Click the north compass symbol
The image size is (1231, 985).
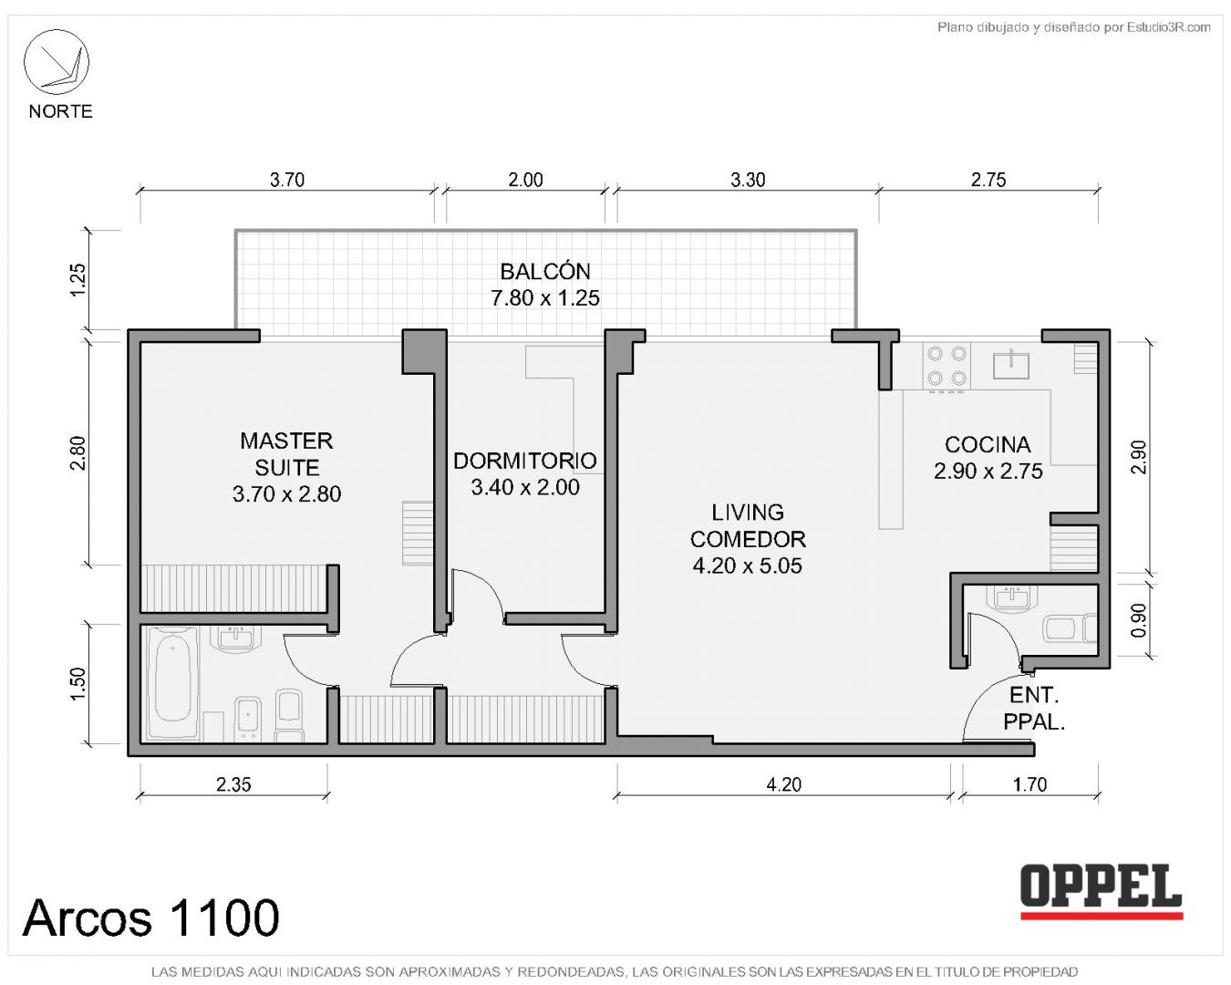56,62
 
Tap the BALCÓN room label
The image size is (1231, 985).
545,271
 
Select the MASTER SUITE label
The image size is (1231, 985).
286,454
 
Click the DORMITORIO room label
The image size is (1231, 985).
525,461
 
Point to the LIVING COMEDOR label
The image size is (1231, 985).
748,525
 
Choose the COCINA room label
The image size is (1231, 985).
988,444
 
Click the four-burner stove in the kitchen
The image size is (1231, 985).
947,367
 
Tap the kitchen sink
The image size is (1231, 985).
1011,364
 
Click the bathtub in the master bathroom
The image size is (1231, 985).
172,683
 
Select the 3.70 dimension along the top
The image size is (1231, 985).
287,180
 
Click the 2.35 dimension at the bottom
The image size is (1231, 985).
233,784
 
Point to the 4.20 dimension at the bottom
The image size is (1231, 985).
783,784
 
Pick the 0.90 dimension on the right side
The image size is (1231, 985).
1139,620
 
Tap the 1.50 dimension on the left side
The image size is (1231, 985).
77,683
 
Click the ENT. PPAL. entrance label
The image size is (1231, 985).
1034,709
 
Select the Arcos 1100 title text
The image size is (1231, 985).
151,918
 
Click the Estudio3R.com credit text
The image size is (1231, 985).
1169,26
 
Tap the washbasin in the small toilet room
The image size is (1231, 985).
1011,598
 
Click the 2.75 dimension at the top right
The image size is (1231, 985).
988,180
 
